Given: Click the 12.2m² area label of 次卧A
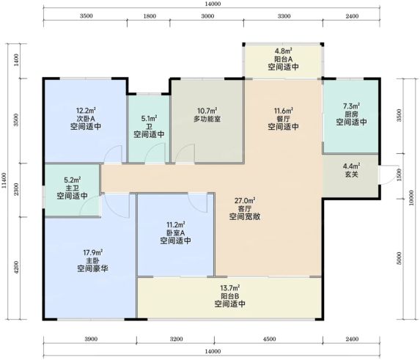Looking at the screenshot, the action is coord(86,111).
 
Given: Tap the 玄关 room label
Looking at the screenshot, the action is coord(351,175).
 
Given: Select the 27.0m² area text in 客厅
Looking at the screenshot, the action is coord(245,200).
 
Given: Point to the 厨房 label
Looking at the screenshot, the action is coord(351,114).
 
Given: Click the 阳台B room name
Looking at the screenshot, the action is coord(230,296).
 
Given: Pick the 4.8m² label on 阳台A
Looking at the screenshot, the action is coord(284,51).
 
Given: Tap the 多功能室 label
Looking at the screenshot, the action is coord(207,119).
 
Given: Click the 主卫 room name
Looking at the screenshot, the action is coord(72,188).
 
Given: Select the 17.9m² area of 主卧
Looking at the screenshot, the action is coord(93,252).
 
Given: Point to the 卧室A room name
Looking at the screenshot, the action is coord(176,232).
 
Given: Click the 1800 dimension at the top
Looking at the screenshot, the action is coord(150,16).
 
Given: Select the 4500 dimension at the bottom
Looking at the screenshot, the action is coord(269,339).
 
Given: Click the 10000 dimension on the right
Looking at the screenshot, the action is coord(412,198).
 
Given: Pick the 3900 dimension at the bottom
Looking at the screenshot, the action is coord(91,339).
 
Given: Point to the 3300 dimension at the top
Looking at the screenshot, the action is coord(284,16).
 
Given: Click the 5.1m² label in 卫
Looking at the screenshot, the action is coord(150,118).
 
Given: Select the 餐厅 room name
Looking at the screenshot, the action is coord(284,119).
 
